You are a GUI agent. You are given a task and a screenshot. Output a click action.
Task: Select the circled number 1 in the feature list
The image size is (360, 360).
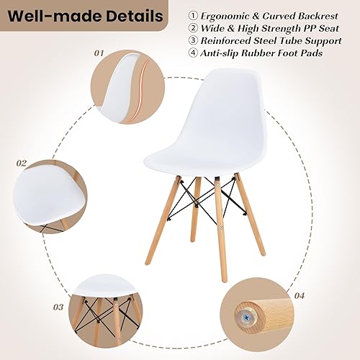coord(193,14)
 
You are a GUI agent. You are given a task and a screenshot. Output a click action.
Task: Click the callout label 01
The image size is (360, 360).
coord(99,53)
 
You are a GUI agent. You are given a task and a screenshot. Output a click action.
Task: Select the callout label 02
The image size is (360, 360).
coord(22,163)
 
